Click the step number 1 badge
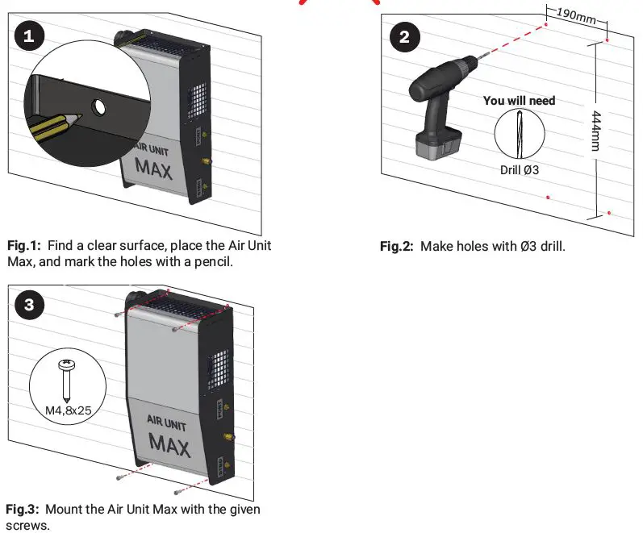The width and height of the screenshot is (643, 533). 30,36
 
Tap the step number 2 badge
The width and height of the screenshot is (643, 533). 404,36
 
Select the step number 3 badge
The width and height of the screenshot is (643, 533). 30,304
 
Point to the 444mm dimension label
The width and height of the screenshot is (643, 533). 596,128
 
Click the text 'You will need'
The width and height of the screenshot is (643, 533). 519,101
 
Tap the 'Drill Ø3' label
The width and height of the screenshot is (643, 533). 520,170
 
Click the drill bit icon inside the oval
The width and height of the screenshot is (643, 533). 518,134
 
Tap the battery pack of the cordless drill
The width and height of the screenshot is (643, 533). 436,145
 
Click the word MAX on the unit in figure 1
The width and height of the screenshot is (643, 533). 154,168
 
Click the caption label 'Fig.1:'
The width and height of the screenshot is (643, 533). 23,244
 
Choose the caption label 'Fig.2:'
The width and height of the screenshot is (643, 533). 396,246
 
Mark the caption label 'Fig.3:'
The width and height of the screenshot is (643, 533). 23,509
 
